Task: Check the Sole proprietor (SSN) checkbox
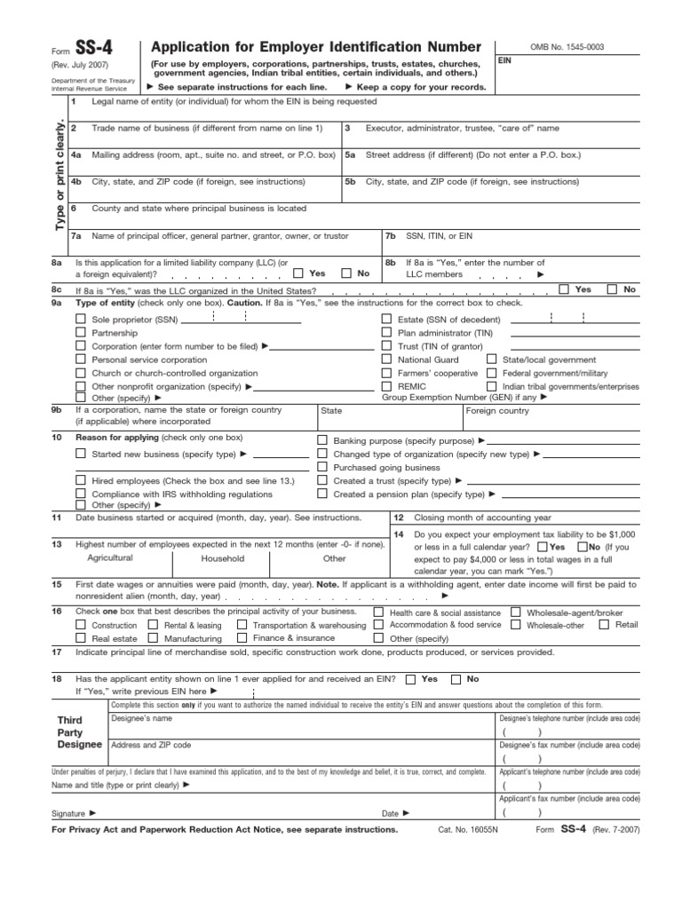tap(81, 318)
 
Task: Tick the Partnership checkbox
tap(81, 332)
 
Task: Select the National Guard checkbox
tap(386, 360)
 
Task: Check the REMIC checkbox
tap(386, 387)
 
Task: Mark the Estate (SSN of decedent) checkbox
tap(386, 318)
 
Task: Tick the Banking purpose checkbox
tap(322, 440)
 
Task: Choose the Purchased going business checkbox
tap(322, 467)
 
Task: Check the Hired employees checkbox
tap(81, 480)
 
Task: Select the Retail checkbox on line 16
tap(604, 624)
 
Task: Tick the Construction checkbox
tap(81, 625)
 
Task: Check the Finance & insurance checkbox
tap(242, 638)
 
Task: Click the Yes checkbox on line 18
tap(410, 679)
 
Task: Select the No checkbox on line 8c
tap(612, 289)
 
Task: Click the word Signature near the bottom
tap(68, 812)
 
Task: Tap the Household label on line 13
tap(222, 558)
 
